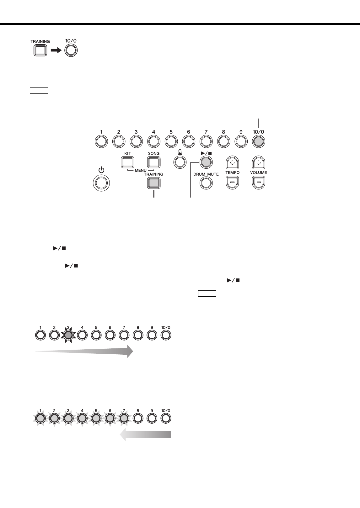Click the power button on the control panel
101,183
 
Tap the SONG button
154,162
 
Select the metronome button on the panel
180,162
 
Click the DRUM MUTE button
206,183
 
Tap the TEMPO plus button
232,162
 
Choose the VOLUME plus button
259,162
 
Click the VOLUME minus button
259,182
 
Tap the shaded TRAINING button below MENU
154,183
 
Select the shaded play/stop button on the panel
206,162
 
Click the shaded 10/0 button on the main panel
259,141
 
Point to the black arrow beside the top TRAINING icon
56,50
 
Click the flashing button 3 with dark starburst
68,335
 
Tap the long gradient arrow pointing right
84,351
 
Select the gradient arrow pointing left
145,435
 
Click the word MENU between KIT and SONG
141,170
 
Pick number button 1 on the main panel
101,141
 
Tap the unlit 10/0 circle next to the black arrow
71,50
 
